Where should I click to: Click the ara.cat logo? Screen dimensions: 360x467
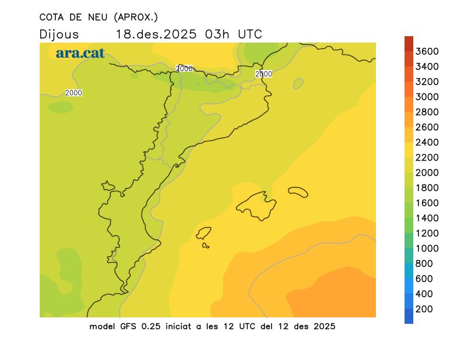(x=81, y=53)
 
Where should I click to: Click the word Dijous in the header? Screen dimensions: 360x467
(x=59, y=34)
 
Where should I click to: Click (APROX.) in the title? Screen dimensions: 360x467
(x=137, y=17)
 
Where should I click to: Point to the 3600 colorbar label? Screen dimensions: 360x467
(x=427, y=51)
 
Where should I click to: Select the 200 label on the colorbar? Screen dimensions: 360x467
(x=424, y=309)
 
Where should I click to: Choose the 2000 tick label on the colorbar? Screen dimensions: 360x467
(x=427, y=173)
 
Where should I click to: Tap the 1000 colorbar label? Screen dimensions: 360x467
(x=427, y=249)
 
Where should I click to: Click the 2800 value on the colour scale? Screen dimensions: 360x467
(x=427, y=112)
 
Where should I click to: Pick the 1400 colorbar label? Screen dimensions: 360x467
(x=427, y=218)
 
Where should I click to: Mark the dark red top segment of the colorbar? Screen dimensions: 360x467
(x=409, y=43)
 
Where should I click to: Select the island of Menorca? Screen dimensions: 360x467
(x=298, y=192)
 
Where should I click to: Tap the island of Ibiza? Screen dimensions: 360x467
(x=204, y=233)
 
